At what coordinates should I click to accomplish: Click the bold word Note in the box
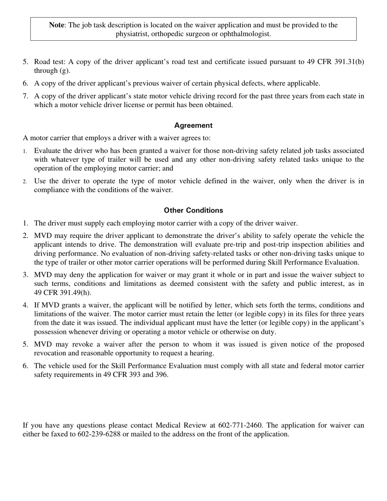pos(57,25)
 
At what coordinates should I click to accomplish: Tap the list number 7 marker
pos(25,96)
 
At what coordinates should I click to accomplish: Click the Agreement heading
pos(193,125)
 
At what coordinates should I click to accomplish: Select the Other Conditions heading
pos(193,211)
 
